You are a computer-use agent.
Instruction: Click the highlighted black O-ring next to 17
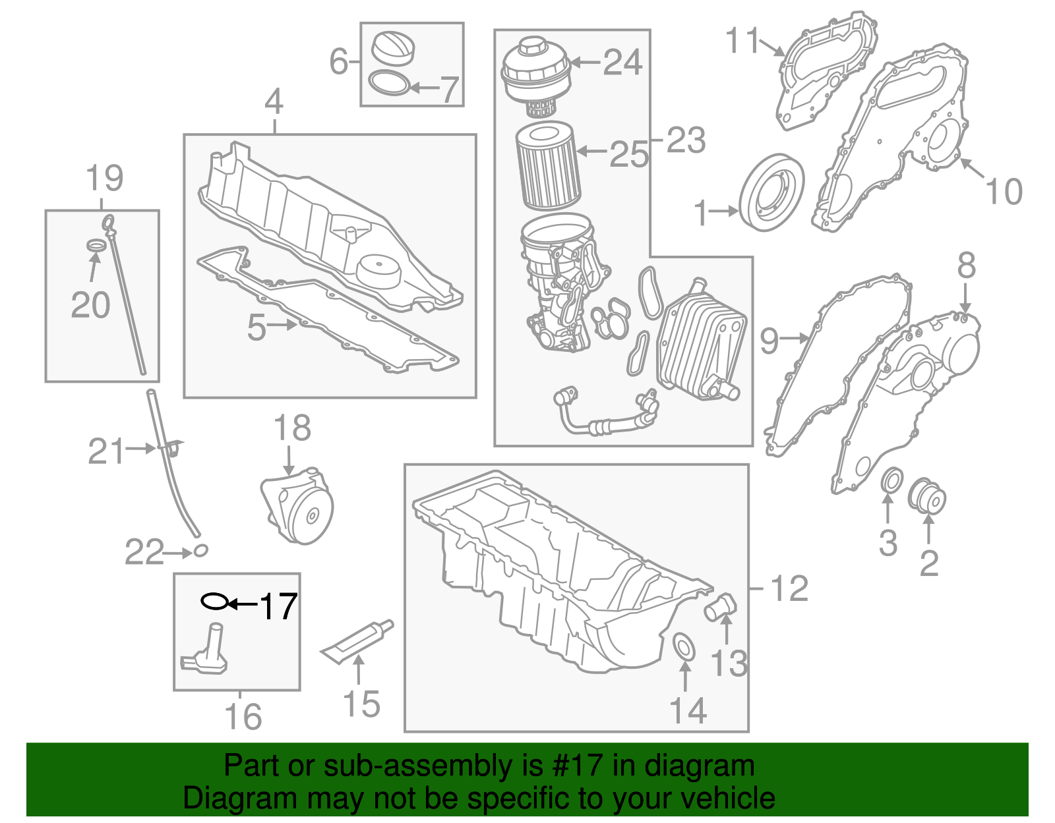click(x=214, y=601)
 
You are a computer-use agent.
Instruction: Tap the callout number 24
click(x=622, y=63)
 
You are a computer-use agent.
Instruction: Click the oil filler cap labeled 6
click(x=394, y=48)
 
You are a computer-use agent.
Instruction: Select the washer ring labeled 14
click(x=684, y=646)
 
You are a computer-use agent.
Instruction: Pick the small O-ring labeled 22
click(x=200, y=550)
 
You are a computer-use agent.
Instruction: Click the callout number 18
click(x=292, y=428)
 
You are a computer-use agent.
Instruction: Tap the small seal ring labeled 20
click(x=97, y=246)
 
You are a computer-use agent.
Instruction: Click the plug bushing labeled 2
click(x=926, y=497)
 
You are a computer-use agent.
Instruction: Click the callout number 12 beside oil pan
click(x=789, y=588)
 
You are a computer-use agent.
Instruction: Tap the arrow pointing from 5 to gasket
click(x=283, y=325)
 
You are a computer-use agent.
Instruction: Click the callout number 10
click(x=1004, y=191)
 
